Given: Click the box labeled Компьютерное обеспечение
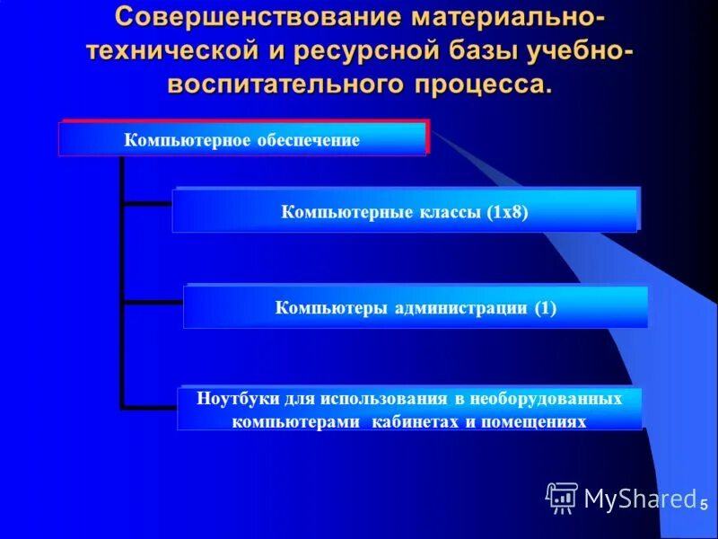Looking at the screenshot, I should point(242,140).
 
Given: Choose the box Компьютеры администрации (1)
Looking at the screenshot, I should point(415,308).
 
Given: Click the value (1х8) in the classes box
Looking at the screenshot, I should point(508,213).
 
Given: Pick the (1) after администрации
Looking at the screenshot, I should point(546,308).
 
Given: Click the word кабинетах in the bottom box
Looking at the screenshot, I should point(417,420).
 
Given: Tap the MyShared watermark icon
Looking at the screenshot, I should point(562,498).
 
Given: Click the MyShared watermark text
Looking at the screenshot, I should point(639,498).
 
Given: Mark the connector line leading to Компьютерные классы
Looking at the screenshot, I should point(146,204).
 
